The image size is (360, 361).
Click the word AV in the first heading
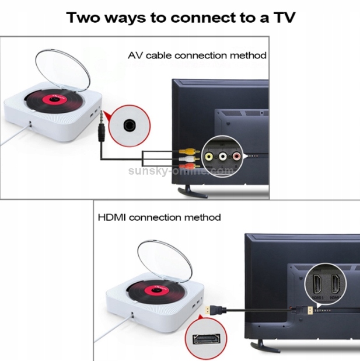point(135,55)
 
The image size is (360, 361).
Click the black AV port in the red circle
point(129,124)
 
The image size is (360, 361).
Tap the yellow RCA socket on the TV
point(209,156)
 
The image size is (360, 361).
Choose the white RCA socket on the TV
point(222,156)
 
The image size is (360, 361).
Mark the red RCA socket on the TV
point(235,156)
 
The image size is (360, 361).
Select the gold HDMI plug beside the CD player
point(208,311)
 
